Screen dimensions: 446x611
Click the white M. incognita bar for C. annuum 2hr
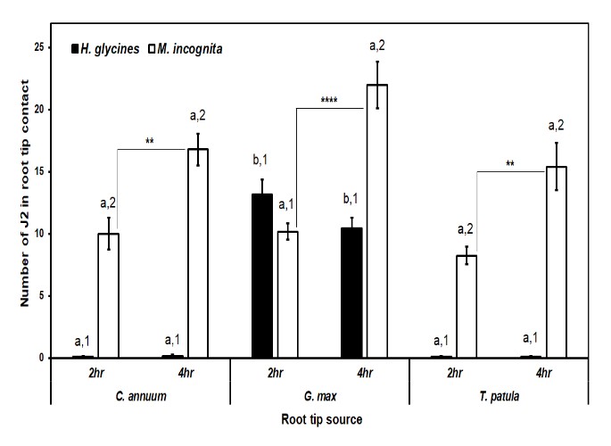[x=108, y=295]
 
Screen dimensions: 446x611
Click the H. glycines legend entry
[x=105, y=49]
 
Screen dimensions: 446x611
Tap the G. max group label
[x=318, y=393]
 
